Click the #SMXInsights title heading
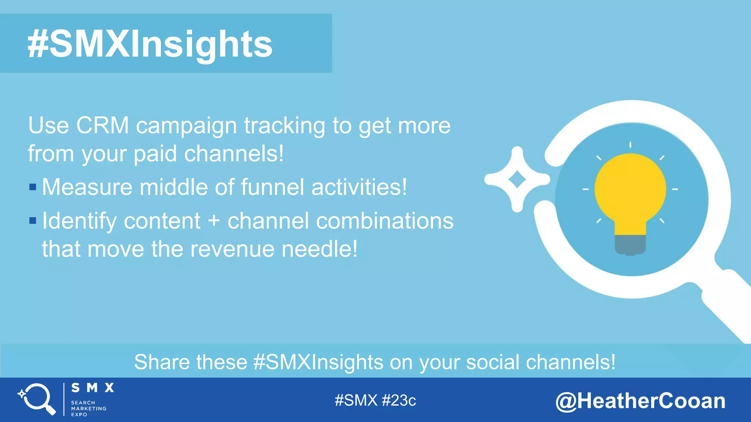click(x=150, y=44)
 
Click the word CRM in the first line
click(x=102, y=126)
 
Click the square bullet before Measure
click(x=33, y=187)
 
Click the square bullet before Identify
click(x=33, y=221)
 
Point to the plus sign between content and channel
click(x=214, y=221)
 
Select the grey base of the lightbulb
click(x=630, y=245)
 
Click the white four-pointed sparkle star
click(x=517, y=179)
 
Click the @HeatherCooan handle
click(x=640, y=401)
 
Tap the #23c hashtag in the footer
click(x=399, y=400)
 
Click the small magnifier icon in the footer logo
click(x=37, y=399)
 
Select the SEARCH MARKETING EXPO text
click(x=88, y=408)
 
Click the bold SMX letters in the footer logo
click(x=92, y=388)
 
